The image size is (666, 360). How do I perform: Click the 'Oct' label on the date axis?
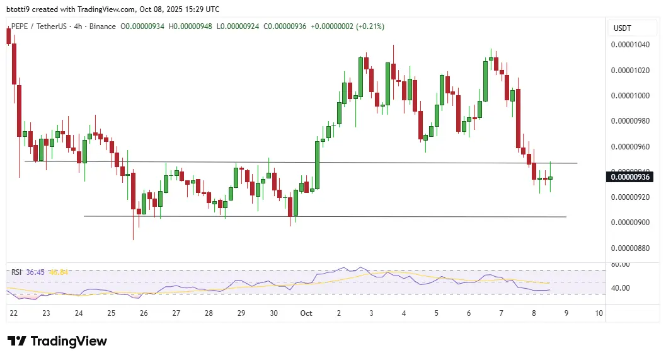pyautogui.click(x=306, y=313)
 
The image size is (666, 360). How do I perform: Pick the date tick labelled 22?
pyautogui.click(x=13, y=313)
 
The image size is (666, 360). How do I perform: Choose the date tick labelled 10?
pyautogui.click(x=599, y=313)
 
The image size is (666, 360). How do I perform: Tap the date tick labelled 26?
pyautogui.click(x=144, y=313)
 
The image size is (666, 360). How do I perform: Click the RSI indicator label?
pyautogui.click(x=16, y=272)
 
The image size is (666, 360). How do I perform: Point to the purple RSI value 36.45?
pyautogui.click(x=35, y=272)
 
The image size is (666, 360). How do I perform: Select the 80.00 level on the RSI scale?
pyautogui.click(x=621, y=265)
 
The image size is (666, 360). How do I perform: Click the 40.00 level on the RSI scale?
pyautogui.click(x=621, y=288)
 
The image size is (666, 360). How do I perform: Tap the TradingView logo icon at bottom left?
pyautogui.click(x=16, y=341)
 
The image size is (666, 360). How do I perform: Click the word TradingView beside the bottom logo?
pyautogui.click(x=69, y=341)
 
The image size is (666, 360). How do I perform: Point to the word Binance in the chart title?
pyautogui.click(x=102, y=26)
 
